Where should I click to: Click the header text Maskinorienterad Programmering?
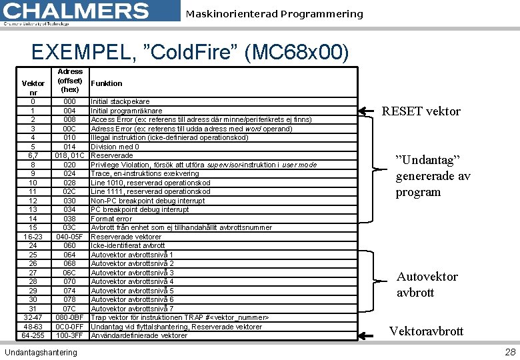tap(274, 14)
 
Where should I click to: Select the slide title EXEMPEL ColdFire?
tap(189, 52)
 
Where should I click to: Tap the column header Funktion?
tap(107, 83)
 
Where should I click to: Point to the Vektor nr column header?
tap(33, 87)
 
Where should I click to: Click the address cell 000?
tap(69, 101)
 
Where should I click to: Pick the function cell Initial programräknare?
tap(127, 111)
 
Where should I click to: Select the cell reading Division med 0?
tap(114, 147)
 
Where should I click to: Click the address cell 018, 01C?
tap(69, 155)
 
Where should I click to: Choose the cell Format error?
tap(111, 219)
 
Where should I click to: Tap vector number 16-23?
tap(33, 237)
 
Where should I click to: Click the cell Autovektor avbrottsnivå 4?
tap(132, 281)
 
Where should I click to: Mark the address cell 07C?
tap(69, 309)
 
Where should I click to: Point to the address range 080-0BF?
tap(69, 317)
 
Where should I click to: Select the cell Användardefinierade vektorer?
tap(139, 335)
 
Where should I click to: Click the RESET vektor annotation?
tap(421, 111)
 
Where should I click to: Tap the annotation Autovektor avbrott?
tap(427, 284)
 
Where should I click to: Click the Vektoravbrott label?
tap(426, 331)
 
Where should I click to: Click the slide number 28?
tap(510, 352)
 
